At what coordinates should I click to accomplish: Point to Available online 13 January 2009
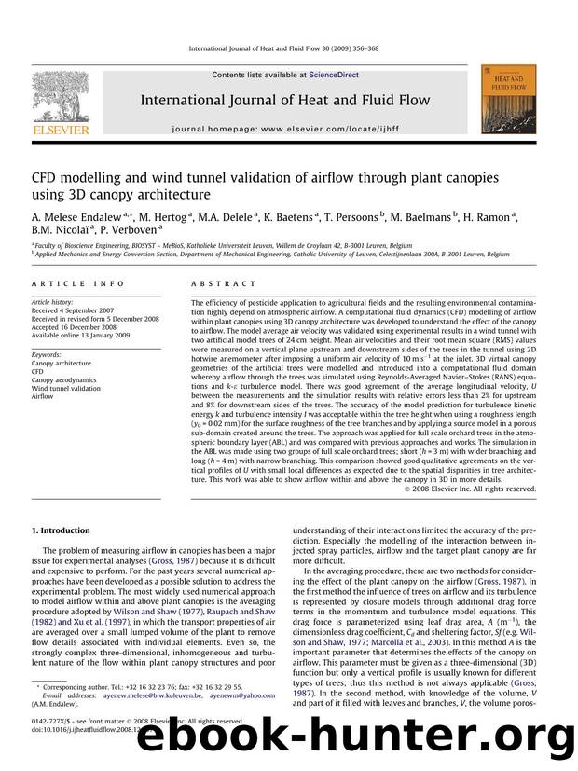(85, 337)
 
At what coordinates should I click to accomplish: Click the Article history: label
(53, 303)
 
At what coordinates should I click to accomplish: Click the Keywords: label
(48, 354)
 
